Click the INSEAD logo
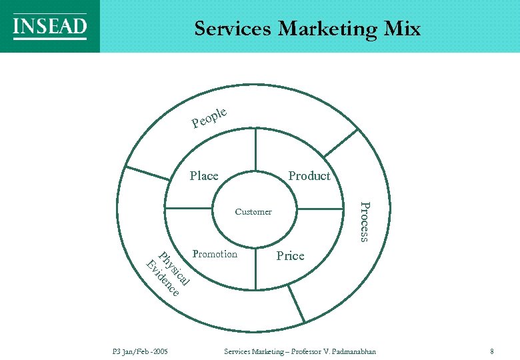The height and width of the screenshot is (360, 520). pos(49,27)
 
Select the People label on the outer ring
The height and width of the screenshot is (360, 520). pos(210,117)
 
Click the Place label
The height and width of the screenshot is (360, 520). pos(204,176)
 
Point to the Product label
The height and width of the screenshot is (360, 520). pos(309,176)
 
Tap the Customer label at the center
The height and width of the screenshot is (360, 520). pos(253,212)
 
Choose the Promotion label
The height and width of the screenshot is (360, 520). pos(215,254)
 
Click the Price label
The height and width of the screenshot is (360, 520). pos(290,256)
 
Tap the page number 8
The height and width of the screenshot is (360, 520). pos(491,351)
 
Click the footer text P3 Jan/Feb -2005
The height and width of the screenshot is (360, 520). pos(139,351)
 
